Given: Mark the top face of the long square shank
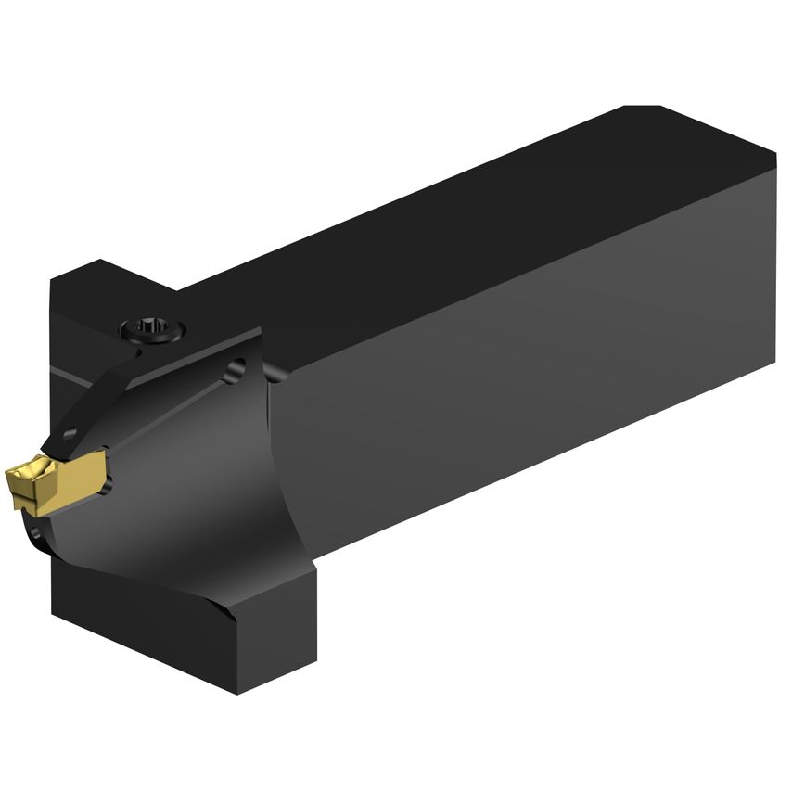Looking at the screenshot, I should coord(464,213).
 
